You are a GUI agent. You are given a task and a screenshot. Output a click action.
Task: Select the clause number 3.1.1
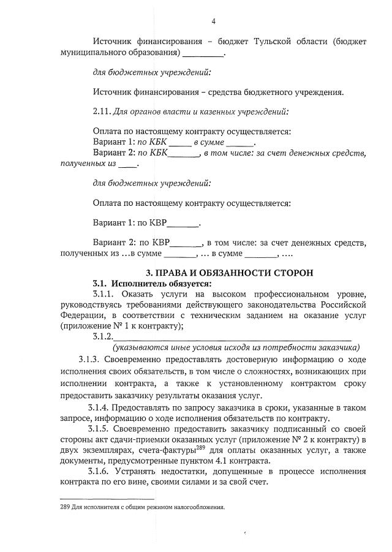[105, 294]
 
